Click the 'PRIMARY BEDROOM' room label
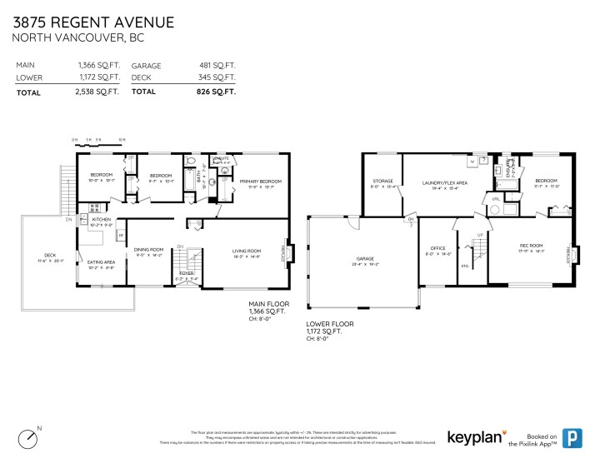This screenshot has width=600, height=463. tap(260, 181)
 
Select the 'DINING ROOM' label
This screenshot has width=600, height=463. tap(149, 251)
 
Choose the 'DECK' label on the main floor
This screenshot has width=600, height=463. tap(49, 255)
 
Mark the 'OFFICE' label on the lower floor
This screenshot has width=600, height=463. tap(437, 248)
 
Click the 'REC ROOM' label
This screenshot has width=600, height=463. tap(531, 245)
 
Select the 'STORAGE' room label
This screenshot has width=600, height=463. tap(382, 181)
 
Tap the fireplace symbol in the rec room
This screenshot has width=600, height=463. tap(572, 247)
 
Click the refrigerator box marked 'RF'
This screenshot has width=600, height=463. tap(121, 236)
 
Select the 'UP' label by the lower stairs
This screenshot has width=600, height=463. tap(480, 236)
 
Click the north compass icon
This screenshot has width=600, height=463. tap(30, 436)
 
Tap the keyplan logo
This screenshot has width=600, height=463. tap(477, 437)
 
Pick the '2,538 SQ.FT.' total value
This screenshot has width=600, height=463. tap(99, 92)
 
